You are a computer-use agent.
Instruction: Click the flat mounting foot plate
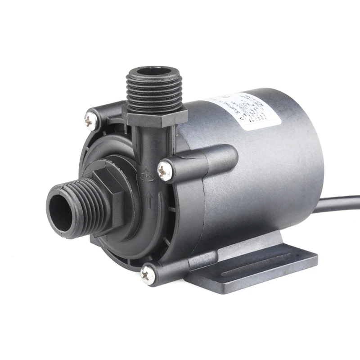point(270,265)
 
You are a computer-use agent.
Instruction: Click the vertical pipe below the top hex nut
point(144,144)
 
